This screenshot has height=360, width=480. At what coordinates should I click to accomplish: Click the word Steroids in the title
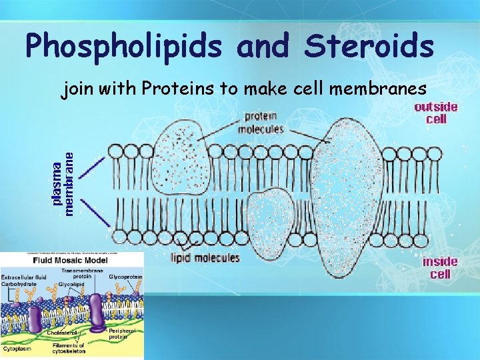click(x=369, y=45)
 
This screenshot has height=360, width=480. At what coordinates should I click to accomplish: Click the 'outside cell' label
click(x=436, y=112)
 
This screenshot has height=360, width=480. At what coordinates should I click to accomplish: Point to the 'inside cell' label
click(x=439, y=267)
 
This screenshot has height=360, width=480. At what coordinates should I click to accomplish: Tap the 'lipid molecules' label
click(x=205, y=258)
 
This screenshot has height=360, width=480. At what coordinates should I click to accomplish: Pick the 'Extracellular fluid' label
click(x=23, y=277)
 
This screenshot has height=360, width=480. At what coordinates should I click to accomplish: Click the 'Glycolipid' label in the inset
click(x=70, y=283)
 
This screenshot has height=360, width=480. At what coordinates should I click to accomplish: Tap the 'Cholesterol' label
click(x=62, y=331)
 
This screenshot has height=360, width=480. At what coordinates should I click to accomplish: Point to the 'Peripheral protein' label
click(x=122, y=333)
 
